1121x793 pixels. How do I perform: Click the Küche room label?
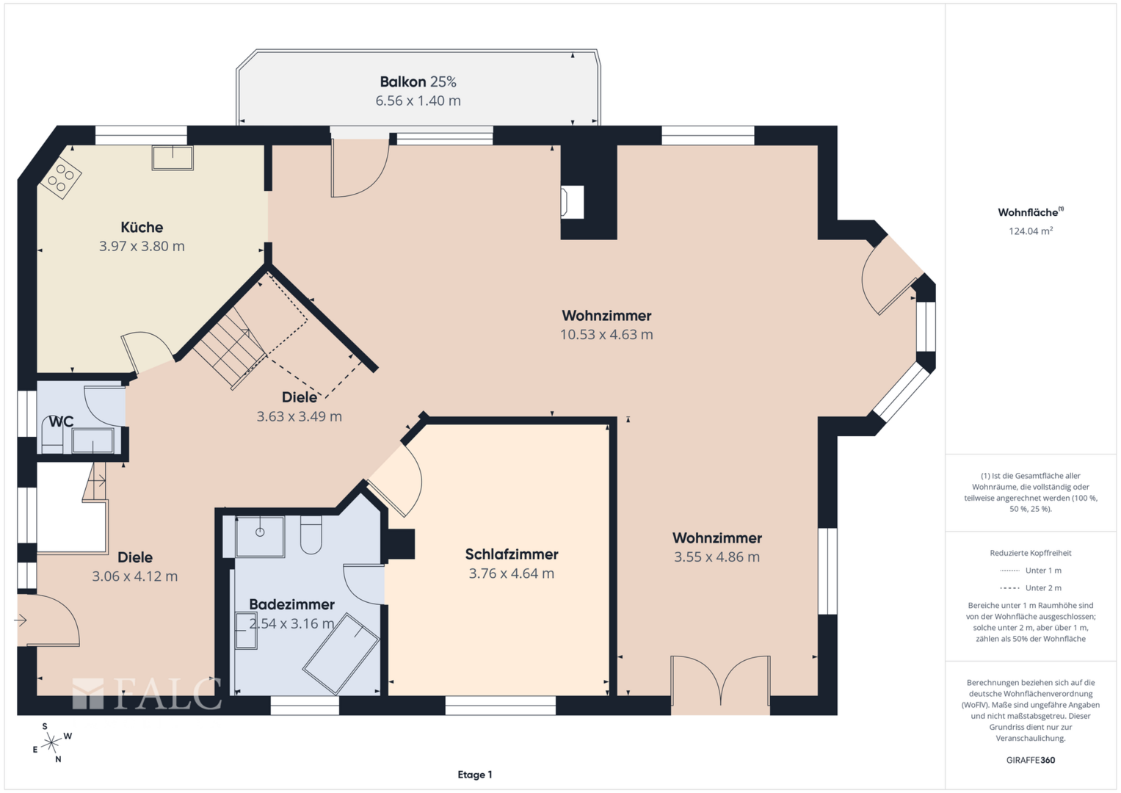[x=142, y=228]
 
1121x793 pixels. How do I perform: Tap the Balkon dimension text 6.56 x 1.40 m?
[x=418, y=101]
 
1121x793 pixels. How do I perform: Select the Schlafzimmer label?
[x=512, y=554]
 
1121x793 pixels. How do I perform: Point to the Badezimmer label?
[x=291, y=604]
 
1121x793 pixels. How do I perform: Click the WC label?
[x=61, y=421]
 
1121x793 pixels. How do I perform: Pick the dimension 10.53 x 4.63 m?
[x=606, y=334]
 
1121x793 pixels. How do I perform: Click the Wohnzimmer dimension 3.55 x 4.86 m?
[x=717, y=557]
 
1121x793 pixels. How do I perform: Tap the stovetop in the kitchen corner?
[x=60, y=178]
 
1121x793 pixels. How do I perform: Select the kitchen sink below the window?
[x=173, y=158]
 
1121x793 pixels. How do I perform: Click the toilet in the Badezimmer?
[x=311, y=535]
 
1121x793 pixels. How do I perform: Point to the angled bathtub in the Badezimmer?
[x=341, y=654]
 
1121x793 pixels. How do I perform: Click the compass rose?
[x=51, y=742]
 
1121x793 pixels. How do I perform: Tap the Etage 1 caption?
[x=475, y=775]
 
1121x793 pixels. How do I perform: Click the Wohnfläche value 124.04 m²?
[x=1031, y=231]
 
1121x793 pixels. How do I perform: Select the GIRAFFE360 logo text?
[x=1031, y=760]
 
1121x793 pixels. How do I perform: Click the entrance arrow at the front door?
[x=20, y=620]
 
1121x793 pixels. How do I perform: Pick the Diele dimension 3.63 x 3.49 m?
[x=300, y=416]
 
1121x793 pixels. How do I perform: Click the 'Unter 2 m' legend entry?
[x=1031, y=587]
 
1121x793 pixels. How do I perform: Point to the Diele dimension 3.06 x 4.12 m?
[x=134, y=576]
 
